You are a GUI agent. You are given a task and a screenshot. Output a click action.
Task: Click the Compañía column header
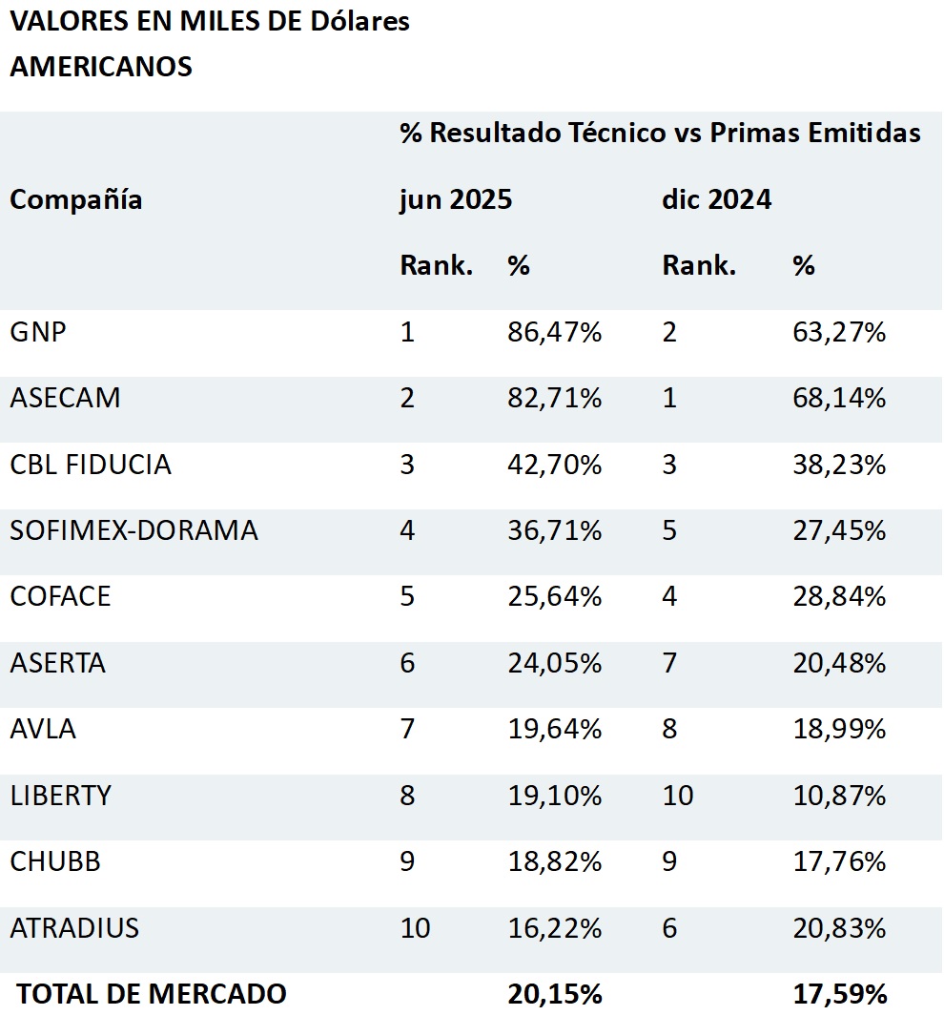[x=76, y=200]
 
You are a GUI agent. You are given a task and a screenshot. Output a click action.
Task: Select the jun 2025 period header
[x=456, y=200]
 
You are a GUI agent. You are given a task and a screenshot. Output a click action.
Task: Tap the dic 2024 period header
[x=716, y=200]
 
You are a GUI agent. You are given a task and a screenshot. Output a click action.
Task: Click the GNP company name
[x=38, y=333]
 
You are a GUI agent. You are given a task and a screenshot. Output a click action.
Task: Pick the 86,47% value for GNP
[x=554, y=333]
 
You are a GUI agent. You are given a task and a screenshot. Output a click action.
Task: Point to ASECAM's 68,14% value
[x=839, y=399]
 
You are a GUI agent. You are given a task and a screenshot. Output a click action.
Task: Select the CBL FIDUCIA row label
[x=91, y=465]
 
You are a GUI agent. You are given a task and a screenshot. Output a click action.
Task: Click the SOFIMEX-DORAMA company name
[x=133, y=530]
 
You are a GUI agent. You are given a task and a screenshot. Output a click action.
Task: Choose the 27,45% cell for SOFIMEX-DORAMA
[x=839, y=530]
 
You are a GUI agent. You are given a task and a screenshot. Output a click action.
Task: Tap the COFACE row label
[x=60, y=596]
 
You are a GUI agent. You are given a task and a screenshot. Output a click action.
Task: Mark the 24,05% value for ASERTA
[x=554, y=663]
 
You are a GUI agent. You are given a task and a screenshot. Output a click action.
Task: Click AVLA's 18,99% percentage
[x=839, y=729]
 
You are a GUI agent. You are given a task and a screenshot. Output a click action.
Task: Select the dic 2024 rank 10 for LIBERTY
[x=678, y=796]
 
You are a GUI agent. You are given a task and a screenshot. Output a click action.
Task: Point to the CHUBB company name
[x=55, y=861]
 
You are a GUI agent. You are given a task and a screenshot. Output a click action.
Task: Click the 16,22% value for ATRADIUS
[x=554, y=927]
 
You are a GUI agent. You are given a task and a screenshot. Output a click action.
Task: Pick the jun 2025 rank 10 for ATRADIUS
[x=416, y=927]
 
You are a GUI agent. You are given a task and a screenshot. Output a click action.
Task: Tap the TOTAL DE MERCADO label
[x=152, y=994]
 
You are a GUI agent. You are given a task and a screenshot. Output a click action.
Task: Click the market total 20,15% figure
[x=554, y=994]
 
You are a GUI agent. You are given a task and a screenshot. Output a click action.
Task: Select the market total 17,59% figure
[x=839, y=994]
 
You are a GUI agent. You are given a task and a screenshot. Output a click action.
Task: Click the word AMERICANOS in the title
[x=101, y=67]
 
